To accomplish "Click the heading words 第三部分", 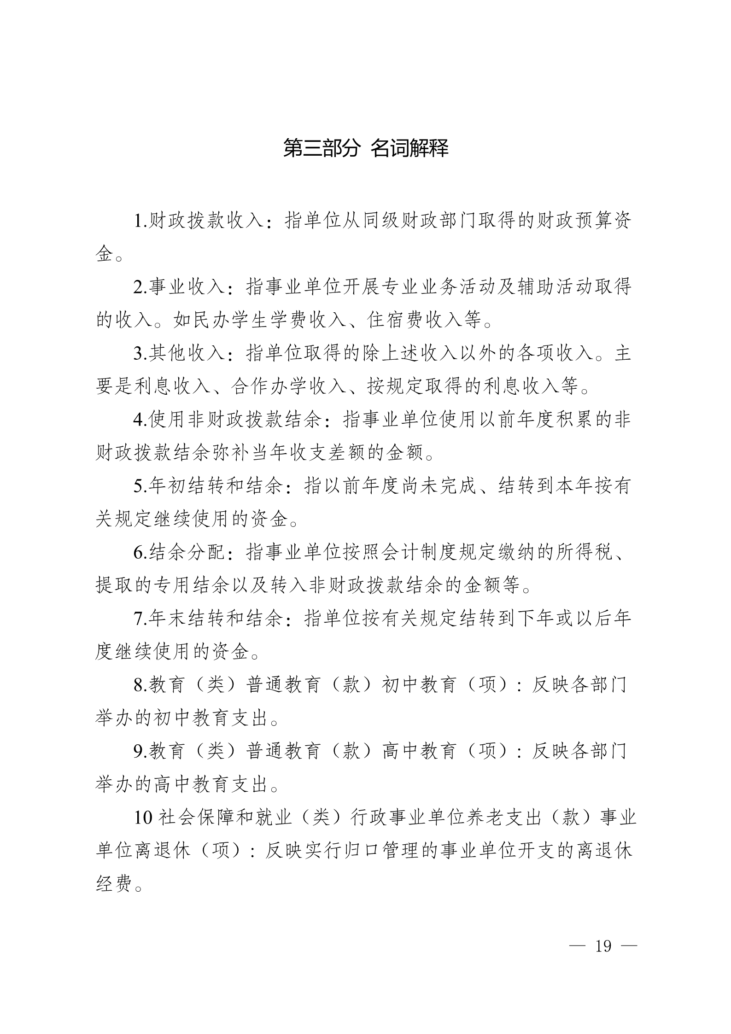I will [x=320, y=148].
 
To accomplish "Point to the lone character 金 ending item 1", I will [x=105, y=254].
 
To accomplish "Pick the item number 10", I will [x=143, y=817].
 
